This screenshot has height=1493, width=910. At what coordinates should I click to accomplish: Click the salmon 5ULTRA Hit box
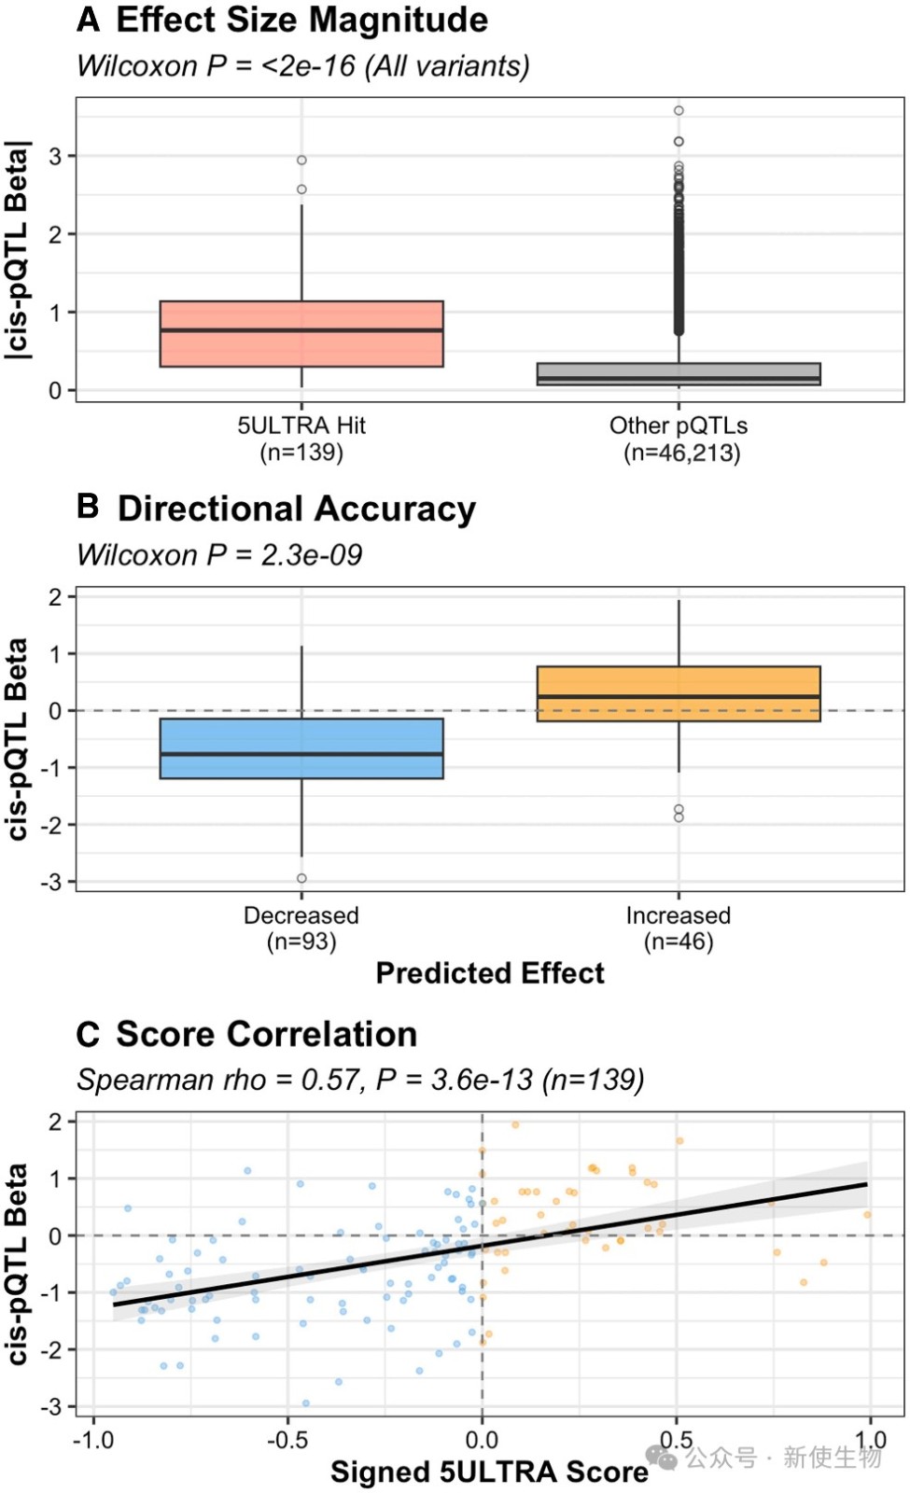(x=301, y=334)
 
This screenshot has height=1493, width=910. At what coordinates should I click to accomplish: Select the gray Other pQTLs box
(x=679, y=374)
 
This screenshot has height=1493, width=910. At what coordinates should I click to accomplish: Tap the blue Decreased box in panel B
(x=301, y=748)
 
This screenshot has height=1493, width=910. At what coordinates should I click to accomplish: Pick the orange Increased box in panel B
(x=679, y=694)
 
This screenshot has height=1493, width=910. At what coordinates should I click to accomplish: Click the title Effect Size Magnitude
(x=301, y=21)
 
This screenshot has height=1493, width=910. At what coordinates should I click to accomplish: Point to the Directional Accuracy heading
(x=296, y=509)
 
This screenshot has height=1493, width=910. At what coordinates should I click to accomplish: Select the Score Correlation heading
(x=266, y=1035)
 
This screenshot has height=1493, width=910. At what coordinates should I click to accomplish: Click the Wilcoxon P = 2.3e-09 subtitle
(x=219, y=555)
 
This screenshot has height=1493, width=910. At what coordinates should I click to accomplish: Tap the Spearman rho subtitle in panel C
(x=360, y=1081)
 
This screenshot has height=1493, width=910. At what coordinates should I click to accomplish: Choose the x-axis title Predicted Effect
(x=490, y=973)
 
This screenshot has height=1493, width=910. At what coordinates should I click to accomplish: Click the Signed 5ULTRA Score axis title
(x=489, y=1472)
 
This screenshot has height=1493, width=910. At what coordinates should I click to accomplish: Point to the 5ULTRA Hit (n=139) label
(x=301, y=439)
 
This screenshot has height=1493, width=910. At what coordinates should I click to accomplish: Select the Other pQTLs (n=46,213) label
(x=679, y=439)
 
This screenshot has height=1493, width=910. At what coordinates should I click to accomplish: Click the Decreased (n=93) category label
(x=301, y=928)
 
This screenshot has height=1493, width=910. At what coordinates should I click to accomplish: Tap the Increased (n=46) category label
(x=679, y=928)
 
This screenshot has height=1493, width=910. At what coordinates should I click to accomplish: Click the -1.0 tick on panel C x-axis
(x=93, y=1440)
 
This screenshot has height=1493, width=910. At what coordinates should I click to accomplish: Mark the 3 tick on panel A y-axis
(x=56, y=157)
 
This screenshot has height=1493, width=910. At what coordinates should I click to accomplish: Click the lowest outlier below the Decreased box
(x=301, y=878)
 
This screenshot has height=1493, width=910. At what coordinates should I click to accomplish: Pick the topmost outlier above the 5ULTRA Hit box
(x=301, y=160)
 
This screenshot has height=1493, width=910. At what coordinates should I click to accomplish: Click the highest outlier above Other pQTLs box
(x=679, y=111)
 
